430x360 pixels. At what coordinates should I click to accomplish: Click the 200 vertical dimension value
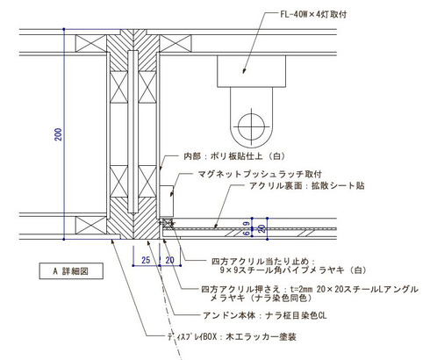[x=59, y=134]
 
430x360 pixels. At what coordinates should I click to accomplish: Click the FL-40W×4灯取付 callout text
[x=313, y=14]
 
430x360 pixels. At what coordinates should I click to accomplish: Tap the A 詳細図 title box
[x=71, y=271]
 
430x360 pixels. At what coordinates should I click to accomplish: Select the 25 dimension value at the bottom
[x=146, y=260]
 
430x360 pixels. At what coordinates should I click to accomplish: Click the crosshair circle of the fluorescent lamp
[x=251, y=126]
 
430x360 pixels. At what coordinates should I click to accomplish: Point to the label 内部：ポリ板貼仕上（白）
[x=234, y=156]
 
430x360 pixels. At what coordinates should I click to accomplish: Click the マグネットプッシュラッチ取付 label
[x=260, y=174]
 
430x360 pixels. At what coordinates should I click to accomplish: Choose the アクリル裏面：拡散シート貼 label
[x=307, y=185]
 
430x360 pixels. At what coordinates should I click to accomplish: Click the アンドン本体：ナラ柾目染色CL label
[x=265, y=315]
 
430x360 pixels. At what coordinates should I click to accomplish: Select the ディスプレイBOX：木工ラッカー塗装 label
[x=232, y=336]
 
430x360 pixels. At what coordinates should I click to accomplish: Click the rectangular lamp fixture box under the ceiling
[x=251, y=71]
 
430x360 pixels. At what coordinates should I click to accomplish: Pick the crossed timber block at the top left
[x=91, y=43]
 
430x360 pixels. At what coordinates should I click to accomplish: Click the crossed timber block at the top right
[x=176, y=43]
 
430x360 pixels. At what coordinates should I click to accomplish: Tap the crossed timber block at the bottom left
[x=91, y=225]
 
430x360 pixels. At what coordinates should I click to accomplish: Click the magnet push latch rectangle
[x=167, y=202]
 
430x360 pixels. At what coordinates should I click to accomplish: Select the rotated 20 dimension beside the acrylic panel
[x=262, y=228]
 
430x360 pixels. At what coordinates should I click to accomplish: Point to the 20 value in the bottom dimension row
[x=169, y=260]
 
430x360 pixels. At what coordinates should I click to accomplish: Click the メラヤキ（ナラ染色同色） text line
[x=261, y=298]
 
